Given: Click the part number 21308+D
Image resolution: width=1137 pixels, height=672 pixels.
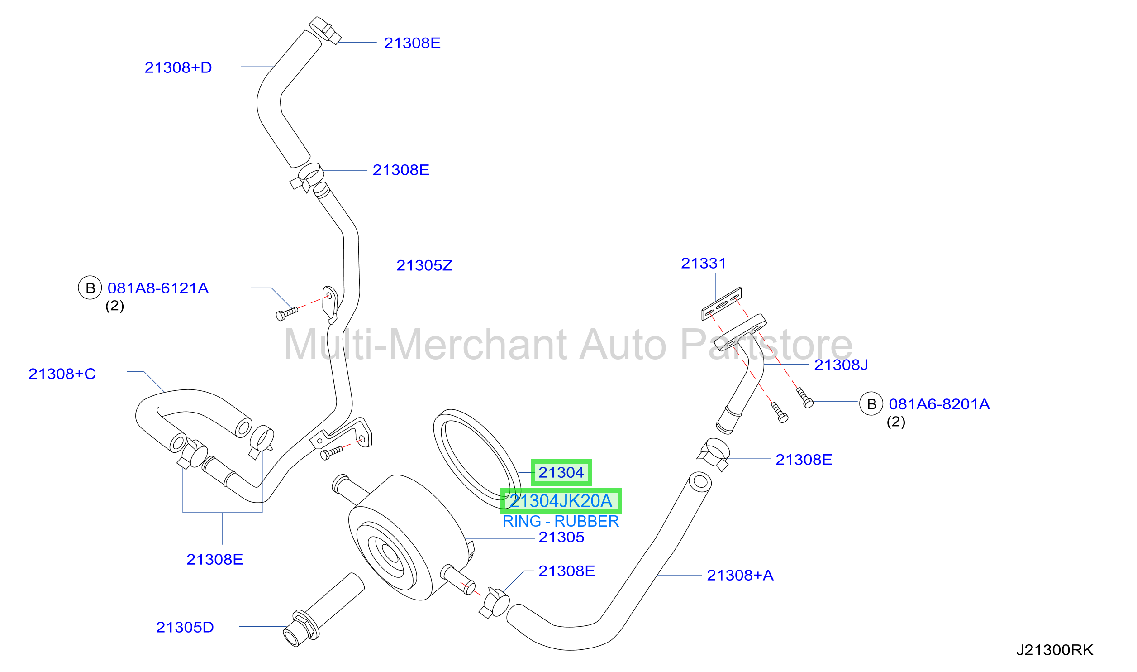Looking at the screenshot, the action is [x=178, y=68].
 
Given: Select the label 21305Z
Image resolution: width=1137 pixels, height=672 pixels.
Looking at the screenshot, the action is [x=424, y=265].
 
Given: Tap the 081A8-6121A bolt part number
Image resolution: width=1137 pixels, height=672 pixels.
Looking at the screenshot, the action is [x=158, y=288].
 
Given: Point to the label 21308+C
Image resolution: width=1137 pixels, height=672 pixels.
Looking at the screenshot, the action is [x=62, y=374].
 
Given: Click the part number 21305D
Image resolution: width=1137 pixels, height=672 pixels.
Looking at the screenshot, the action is [x=185, y=627].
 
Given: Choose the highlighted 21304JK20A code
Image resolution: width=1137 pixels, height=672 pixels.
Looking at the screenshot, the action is [x=561, y=501].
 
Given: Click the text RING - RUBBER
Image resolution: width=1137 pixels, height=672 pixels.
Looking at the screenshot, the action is [x=561, y=521].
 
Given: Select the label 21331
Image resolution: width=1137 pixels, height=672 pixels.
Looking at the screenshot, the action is [x=704, y=263].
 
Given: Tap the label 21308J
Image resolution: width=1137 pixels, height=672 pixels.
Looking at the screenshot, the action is [x=841, y=365].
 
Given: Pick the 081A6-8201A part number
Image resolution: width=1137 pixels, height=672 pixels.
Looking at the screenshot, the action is [x=939, y=404].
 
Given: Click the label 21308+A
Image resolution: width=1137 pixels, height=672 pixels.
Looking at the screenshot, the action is [x=740, y=575].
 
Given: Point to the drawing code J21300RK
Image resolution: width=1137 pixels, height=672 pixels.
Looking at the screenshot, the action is [x=1055, y=650].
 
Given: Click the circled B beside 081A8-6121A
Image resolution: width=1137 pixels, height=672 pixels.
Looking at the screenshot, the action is [x=90, y=288].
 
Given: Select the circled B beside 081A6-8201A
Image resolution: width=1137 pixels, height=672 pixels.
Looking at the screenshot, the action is [x=871, y=404].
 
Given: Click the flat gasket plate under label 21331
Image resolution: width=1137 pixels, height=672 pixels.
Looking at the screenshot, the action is [x=722, y=304].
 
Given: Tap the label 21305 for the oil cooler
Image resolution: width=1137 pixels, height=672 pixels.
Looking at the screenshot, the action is [x=561, y=537].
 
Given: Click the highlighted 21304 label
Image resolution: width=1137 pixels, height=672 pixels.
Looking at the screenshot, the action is [x=561, y=473].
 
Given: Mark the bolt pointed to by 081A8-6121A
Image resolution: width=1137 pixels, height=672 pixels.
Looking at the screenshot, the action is [x=287, y=314].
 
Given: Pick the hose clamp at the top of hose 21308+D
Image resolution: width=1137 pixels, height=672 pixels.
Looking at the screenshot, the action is [x=325, y=30].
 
